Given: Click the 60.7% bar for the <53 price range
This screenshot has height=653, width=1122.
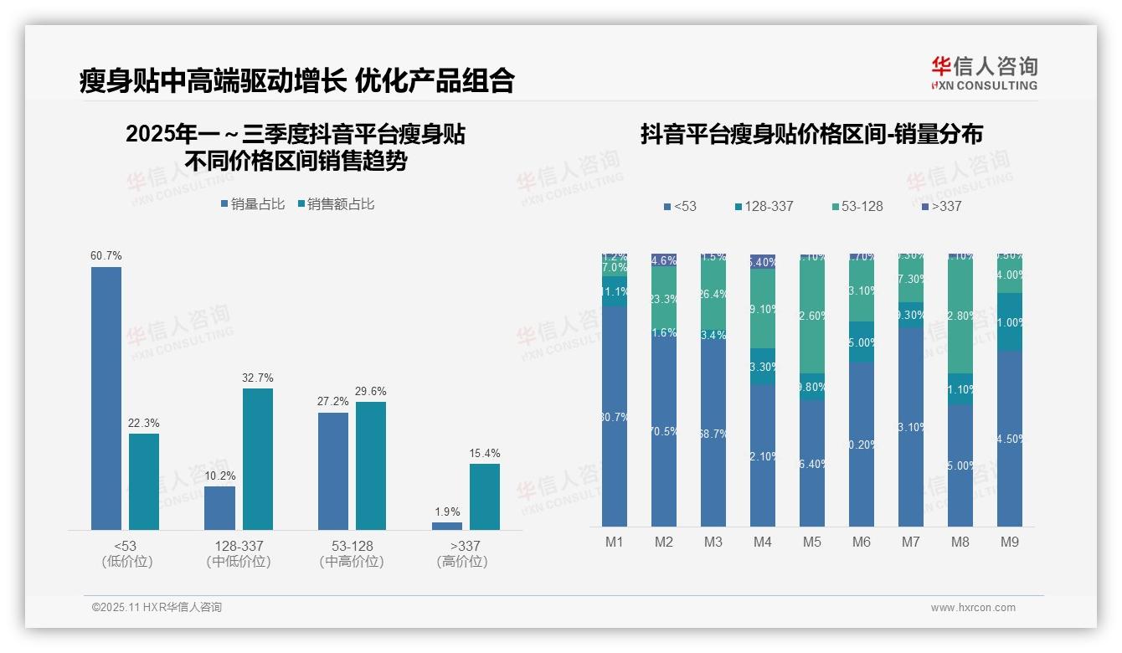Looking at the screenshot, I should pos(106,398).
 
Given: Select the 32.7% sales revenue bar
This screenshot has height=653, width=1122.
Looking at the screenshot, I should pos(258,459).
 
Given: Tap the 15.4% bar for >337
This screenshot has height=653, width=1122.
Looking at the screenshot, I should pos(485,496).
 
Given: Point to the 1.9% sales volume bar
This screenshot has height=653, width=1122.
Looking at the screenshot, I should pos(447,526).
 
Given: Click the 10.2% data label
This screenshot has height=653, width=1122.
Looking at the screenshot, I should pos(219,476).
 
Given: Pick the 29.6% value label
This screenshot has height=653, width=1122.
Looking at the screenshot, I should pos(370,391).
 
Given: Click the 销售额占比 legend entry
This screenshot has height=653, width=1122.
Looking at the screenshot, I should pos(336,204).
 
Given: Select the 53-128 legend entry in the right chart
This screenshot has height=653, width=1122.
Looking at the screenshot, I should pos(857,206).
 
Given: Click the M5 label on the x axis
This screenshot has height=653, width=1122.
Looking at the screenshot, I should pos(812,542).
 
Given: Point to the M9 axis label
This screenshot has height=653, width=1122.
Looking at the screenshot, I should pos(1009,542).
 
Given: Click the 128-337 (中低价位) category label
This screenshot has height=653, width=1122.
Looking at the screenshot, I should pos(239,553).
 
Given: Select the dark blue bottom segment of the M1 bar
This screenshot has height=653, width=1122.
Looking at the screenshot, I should pos(615,415).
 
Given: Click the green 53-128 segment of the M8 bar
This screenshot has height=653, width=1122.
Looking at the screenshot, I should pos(960,316).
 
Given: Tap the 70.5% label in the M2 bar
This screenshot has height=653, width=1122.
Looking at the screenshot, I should pos(664,431).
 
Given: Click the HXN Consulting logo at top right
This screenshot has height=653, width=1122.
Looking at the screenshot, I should pos(984,74).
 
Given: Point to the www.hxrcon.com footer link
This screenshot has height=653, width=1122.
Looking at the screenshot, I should pos(973,608).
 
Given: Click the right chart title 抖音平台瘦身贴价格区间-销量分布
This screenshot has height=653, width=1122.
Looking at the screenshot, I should pos(811,134).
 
